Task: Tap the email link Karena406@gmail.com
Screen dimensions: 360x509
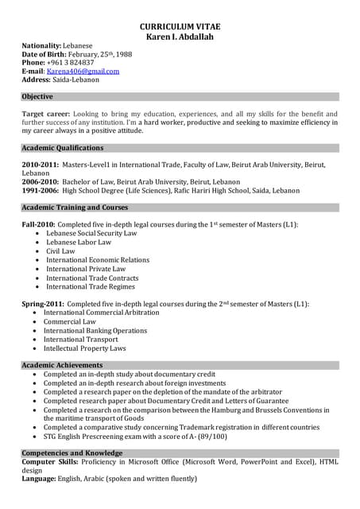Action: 83,71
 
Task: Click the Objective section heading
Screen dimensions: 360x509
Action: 37,97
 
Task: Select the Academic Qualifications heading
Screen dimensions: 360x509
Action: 63,148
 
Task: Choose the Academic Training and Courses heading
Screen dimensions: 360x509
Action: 75,208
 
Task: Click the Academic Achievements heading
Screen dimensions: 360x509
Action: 62,365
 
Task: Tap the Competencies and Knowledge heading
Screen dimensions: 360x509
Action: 72,453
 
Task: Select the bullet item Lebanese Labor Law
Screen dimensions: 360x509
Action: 79,243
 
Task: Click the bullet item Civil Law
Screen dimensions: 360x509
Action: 60,251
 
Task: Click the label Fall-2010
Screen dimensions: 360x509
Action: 37,225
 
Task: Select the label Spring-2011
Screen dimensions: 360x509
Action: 43,304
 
